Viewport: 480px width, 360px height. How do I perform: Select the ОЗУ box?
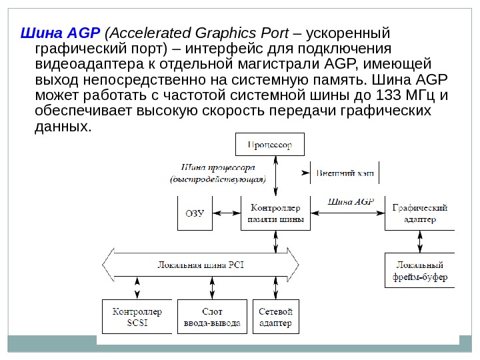tap(193, 213)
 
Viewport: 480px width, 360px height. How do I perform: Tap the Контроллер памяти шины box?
tap(275, 213)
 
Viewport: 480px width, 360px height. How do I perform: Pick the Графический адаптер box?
tap(419, 213)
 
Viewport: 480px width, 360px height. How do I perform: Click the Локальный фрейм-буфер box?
tap(419, 270)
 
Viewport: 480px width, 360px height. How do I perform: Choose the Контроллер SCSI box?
tap(137, 317)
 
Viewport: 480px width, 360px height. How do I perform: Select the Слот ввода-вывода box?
tap(213, 317)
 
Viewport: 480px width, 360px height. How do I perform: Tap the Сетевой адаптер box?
tap(275, 317)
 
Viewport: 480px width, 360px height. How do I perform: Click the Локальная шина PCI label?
tap(201, 265)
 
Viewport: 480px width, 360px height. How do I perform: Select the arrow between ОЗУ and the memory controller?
tap(225, 213)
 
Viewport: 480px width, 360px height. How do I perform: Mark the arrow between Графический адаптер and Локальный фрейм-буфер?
tap(419, 241)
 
